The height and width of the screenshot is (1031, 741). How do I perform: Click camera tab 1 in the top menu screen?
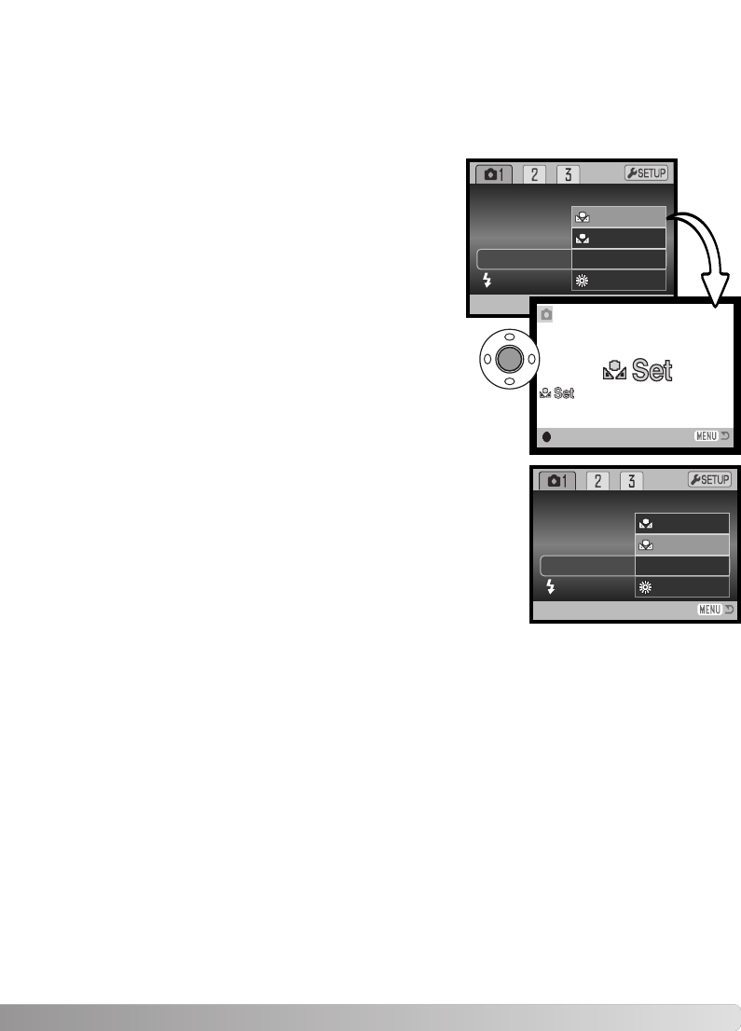494,174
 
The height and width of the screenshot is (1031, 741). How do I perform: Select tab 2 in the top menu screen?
534,174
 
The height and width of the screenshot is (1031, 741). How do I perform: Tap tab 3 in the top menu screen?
568,174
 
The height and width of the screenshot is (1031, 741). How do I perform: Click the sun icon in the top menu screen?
583,281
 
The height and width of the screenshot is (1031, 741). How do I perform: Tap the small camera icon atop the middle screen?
545,315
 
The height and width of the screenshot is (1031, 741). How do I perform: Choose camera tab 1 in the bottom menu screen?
557,481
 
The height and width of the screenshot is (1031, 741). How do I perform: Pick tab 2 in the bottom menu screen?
597,481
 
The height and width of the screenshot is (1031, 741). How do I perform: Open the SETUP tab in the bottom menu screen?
710,479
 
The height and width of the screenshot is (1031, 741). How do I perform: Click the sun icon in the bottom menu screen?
646,587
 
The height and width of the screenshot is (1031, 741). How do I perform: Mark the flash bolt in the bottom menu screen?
552,586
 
